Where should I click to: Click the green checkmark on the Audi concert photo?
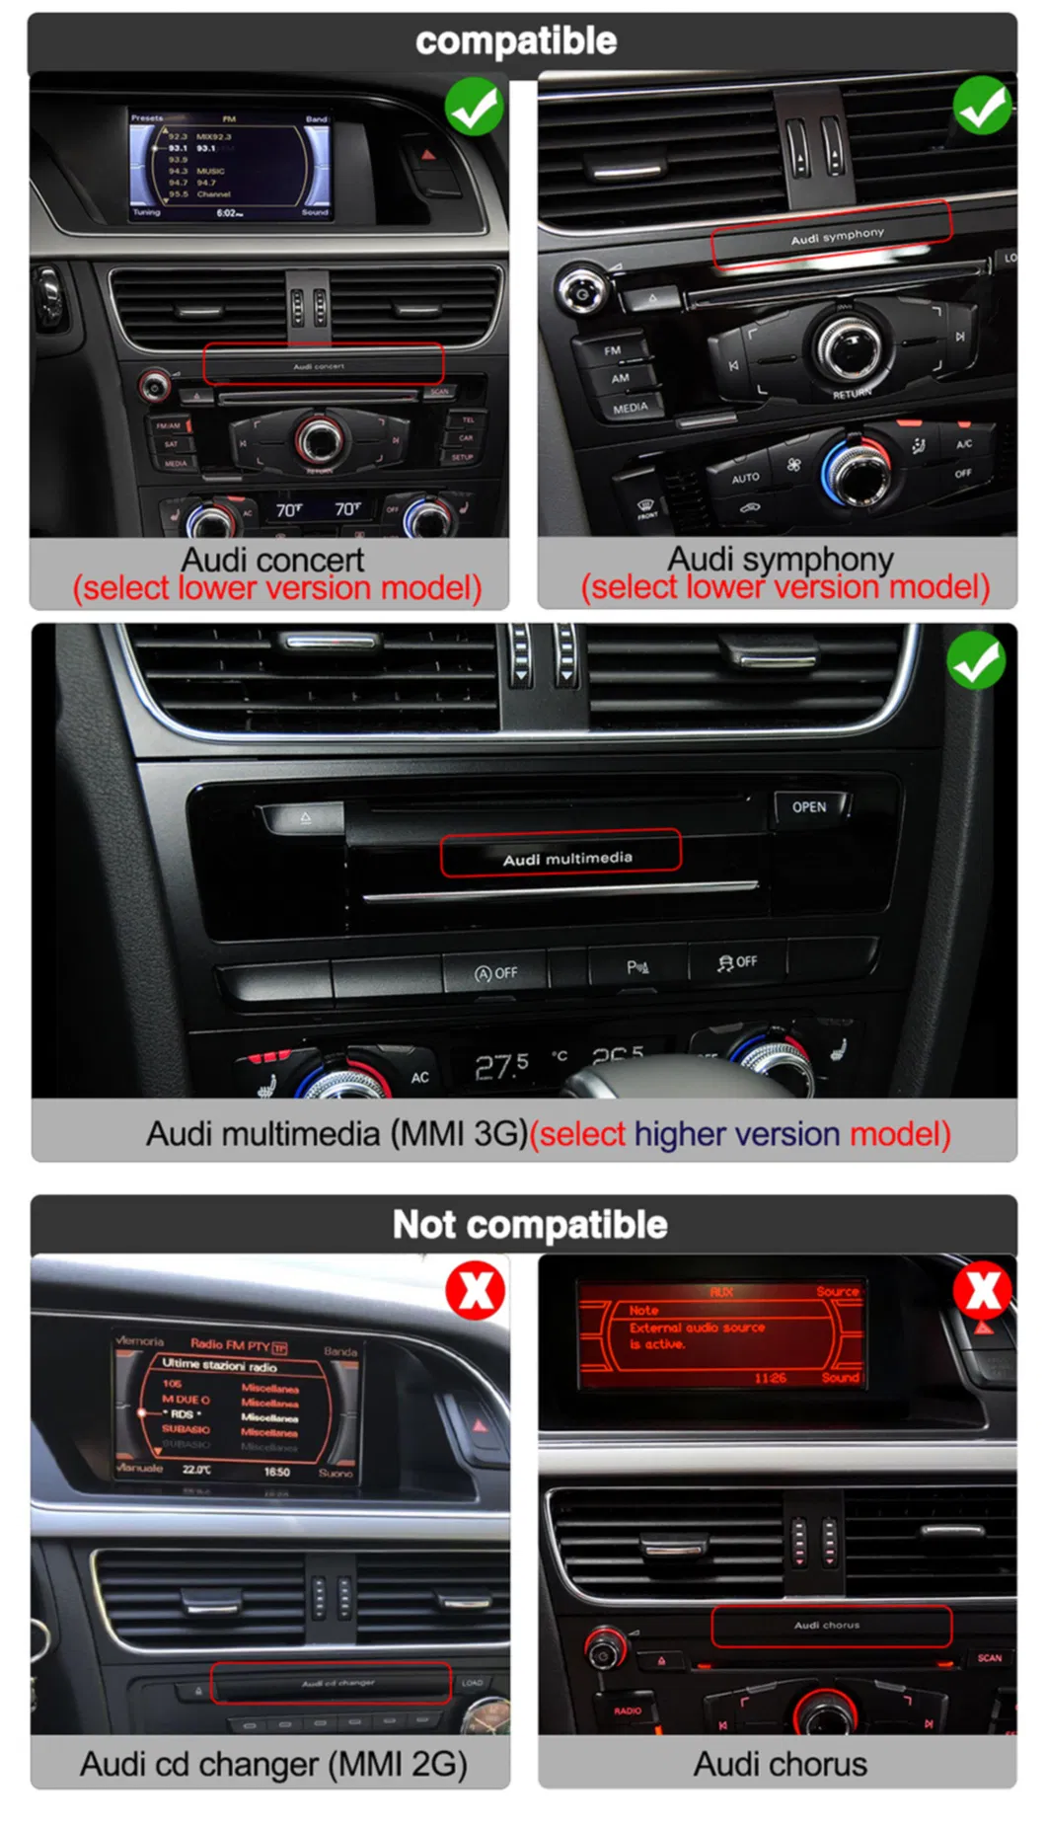(x=475, y=107)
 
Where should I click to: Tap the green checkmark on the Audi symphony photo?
(x=982, y=107)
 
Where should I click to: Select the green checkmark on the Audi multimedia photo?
(x=976, y=661)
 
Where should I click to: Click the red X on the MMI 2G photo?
(x=476, y=1290)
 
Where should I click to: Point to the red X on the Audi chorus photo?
(x=983, y=1290)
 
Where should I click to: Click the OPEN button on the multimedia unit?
(x=809, y=807)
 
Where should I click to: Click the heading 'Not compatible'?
(x=530, y=1225)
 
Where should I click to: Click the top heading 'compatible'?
(x=516, y=41)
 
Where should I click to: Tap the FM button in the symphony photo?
(x=613, y=350)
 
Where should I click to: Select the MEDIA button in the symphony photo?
(x=631, y=408)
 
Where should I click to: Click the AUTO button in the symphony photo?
(x=745, y=478)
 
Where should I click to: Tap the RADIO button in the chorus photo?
(x=628, y=1710)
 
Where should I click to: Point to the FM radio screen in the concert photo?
(x=230, y=164)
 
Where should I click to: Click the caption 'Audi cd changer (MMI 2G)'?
(x=273, y=1764)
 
